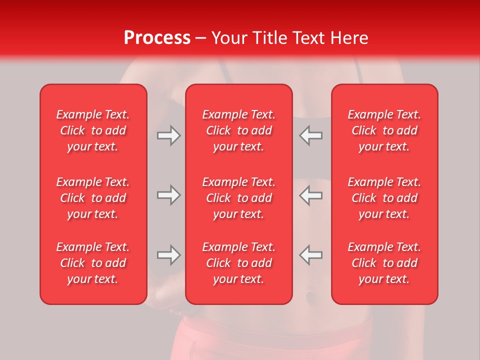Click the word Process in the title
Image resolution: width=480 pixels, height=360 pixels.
point(157,38)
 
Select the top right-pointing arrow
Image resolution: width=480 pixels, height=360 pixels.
point(168,135)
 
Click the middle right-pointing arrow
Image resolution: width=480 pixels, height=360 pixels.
point(168,195)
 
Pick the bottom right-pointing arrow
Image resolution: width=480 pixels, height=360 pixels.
point(168,255)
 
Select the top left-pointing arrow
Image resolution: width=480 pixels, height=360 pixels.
point(311,135)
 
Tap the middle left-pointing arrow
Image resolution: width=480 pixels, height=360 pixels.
point(311,195)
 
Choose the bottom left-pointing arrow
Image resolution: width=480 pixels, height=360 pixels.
point(311,255)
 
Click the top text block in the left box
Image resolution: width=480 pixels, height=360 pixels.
point(93,130)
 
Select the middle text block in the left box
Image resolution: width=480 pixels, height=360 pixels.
point(93,198)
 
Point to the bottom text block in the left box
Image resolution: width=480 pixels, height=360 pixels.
point(93,263)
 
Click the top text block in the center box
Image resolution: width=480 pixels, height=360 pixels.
point(239,130)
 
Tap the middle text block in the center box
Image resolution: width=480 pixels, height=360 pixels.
point(239,198)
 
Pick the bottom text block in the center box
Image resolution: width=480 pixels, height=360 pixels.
point(239,263)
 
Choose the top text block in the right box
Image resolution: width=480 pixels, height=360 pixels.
point(384,130)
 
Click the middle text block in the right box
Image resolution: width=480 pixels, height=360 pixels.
point(384,198)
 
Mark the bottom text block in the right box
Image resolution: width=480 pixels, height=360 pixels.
point(384,263)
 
